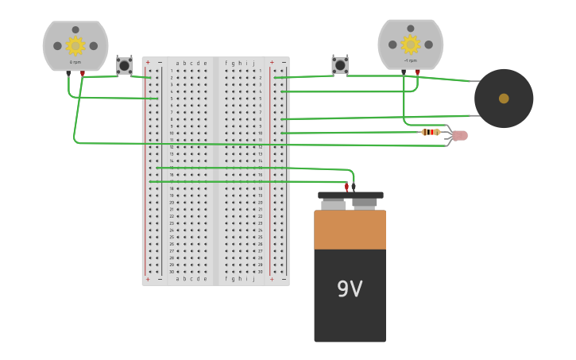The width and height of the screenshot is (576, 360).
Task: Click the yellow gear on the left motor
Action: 75,46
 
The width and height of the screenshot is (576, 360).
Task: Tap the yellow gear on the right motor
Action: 411,45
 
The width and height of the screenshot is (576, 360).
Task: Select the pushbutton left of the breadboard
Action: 124,65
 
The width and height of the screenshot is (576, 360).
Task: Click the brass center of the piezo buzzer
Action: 504,99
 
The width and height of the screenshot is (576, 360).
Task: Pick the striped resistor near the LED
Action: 431,132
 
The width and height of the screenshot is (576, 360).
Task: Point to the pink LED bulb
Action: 460,136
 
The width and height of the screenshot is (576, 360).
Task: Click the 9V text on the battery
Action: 350,289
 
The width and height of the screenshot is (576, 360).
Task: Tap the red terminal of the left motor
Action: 83,73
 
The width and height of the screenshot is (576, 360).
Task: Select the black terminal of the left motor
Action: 68,73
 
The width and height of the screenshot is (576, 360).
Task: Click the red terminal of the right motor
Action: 418,72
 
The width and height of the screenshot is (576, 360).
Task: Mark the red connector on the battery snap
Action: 346,188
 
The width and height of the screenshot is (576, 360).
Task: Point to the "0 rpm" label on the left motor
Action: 75,62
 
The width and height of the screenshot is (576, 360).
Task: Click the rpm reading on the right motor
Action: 411,60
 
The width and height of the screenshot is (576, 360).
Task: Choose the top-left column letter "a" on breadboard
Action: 178,63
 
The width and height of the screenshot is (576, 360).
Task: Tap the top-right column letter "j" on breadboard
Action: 253,63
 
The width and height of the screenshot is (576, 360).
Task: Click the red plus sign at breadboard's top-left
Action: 148,62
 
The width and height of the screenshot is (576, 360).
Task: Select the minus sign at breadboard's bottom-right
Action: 283,279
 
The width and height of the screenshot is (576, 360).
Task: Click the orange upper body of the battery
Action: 350,230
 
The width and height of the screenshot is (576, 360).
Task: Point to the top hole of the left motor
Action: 75,30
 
